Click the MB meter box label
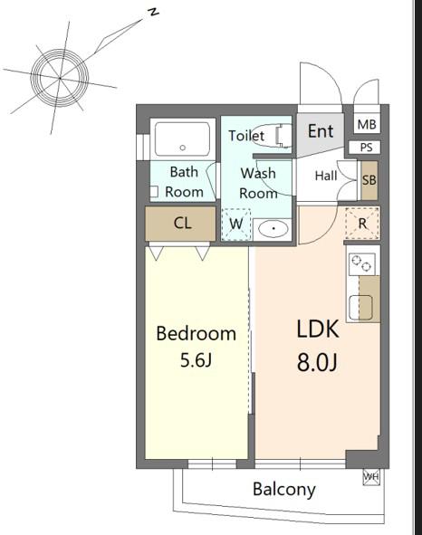coord(367,125)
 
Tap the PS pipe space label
coord(366,148)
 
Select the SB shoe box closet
coord(369,180)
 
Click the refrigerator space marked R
coord(362,224)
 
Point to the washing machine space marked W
coord(236,225)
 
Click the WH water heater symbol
coord(371,477)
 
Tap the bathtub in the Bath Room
coord(182,139)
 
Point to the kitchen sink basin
coord(360,308)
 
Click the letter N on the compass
coord(154,13)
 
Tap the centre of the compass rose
coord(60,78)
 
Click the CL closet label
coord(182,224)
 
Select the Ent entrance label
coord(321,131)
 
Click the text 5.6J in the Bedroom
coord(196,360)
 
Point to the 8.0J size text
coord(317,362)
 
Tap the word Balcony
coord(284,490)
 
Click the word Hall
coord(326,176)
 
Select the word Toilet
coord(246,136)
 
